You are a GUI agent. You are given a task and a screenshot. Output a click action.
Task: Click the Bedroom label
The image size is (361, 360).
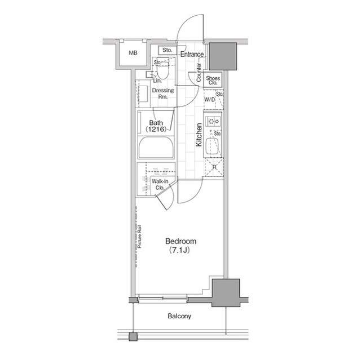(180, 241)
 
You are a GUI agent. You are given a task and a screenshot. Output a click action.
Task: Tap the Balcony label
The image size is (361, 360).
(179, 316)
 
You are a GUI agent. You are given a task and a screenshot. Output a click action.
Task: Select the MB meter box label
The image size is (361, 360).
(133, 53)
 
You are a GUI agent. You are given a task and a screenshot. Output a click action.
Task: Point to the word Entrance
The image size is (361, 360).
(192, 54)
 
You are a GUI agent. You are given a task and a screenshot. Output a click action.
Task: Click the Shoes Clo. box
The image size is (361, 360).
(213, 81)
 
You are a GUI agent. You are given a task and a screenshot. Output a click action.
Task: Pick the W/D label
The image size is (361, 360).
(209, 100)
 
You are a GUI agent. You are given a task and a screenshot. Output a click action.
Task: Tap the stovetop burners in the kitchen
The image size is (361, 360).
(213, 121)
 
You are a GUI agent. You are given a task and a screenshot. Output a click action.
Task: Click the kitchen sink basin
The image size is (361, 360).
(212, 146)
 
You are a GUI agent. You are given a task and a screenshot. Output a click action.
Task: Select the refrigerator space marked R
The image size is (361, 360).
(214, 167)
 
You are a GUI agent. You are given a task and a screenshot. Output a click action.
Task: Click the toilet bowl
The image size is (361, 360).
(163, 70)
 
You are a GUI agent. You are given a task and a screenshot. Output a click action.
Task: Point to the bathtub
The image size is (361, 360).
(156, 148)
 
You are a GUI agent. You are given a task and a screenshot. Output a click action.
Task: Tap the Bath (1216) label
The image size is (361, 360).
(156, 126)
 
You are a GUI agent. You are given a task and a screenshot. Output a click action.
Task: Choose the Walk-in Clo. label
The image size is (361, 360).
(160, 185)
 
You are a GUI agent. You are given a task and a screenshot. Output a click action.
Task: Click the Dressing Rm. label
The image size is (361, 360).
(163, 94)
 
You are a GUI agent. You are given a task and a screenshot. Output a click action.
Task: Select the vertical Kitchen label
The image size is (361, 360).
(199, 135)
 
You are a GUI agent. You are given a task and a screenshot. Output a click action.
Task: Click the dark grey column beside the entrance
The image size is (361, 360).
(223, 56)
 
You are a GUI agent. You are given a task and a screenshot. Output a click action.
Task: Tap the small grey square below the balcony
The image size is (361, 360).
(133, 336)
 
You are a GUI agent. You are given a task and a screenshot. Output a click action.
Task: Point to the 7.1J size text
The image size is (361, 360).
(179, 250)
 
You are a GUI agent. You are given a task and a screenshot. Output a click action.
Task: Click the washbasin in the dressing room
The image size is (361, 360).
(143, 94)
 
